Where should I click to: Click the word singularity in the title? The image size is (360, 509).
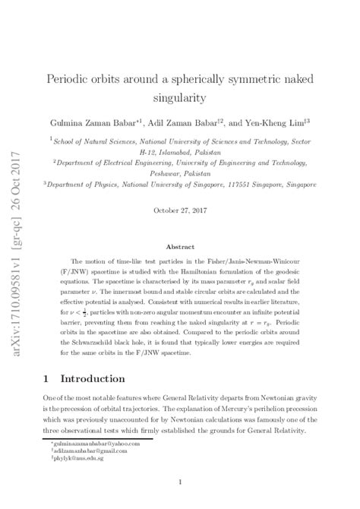click(x=179, y=98)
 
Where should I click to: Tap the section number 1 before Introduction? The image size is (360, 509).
click(x=47, y=378)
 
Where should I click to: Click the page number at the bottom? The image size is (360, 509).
click(x=179, y=482)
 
